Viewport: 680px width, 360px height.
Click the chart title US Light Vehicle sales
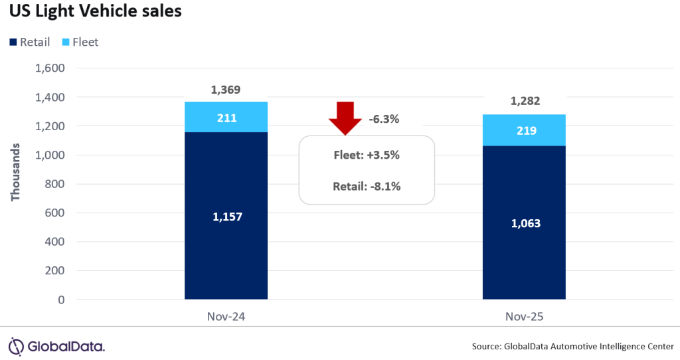(x=95, y=13)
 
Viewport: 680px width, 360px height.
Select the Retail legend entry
(x=30, y=43)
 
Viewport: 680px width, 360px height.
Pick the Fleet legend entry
(x=80, y=43)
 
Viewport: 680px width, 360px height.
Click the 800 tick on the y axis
(x=54, y=185)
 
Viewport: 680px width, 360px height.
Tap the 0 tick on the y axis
(x=60, y=300)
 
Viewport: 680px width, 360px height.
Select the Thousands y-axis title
(x=16, y=171)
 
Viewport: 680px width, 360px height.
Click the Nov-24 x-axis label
(x=226, y=317)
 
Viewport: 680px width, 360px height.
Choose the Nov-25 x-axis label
(x=524, y=317)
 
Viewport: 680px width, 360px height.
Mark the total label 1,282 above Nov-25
(x=524, y=102)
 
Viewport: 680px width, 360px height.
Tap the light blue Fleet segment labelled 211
(x=226, y=118)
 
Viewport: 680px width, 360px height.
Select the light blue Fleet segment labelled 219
(x=524, y=130)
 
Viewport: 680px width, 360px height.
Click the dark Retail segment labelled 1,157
(x=226, y=216)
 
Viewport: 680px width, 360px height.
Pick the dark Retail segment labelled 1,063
(x=524, y=223)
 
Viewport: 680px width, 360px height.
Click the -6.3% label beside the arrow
(x=384, y=120)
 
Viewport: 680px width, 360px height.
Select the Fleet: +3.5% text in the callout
(x=366, y=155)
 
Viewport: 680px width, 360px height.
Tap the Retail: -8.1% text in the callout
(x=366, y=186)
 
